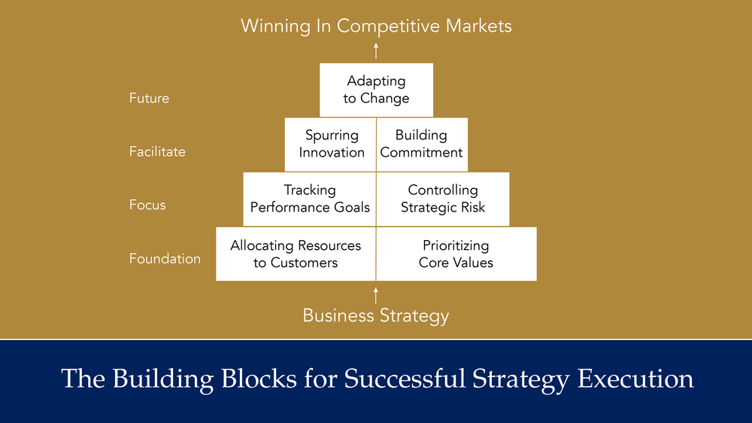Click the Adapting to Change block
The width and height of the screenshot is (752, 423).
click(x=376, y=90)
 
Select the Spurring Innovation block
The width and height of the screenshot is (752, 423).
click(x=331, y=144)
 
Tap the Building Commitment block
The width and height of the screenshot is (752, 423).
click(x=421, y=144)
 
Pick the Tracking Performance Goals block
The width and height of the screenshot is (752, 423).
click(x=309, y=199)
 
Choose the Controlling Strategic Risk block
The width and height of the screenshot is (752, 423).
click(x=442, y=199)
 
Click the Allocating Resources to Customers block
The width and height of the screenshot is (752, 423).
click(x=296, y=254)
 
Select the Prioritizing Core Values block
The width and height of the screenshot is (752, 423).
click(x=456, y=254)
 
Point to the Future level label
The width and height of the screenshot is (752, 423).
click(x=149, y=98)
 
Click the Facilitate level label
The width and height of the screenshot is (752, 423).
click(x=157, y=151)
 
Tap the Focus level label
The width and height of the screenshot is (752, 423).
click(x=147, y=205)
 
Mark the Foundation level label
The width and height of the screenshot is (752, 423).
click(x=165, y=258)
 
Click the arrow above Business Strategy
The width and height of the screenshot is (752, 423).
click(x=376, y=294)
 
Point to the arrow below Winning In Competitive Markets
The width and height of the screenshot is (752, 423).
click(x=376, y=50)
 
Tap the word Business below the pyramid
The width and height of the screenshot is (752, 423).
click(x=335, y=315)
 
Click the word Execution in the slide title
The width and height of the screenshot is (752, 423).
click(x=635, y=379)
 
